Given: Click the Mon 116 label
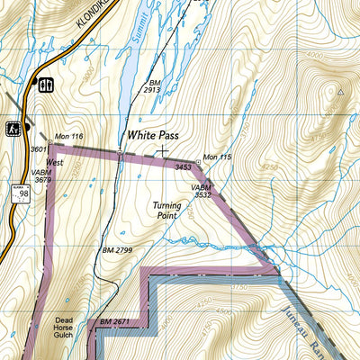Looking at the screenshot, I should pos(68,137).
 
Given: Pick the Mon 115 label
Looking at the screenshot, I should pos(218,157).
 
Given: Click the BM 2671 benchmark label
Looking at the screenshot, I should pos(116,321).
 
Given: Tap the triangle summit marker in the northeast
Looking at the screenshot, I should pos(340,91).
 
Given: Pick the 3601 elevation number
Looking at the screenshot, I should pos(38,149).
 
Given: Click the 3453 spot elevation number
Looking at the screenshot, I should pos(184,167).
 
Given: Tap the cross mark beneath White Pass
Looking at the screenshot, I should pos(163,151).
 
